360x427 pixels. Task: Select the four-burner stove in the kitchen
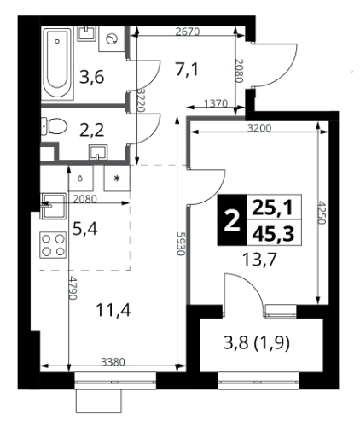pyautogui.click(x=53, y=245)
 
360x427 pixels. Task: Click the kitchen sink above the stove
pyautogui.click(x=54, y=206)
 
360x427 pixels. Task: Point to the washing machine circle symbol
pyautogui.click(x=111, y=39)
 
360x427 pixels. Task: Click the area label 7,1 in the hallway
pyautogui.click(x=187, y=70)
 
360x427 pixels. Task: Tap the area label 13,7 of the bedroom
pyautogui.click(x=259, y=260)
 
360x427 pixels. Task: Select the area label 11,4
pyautogui.click(x=113, y=310)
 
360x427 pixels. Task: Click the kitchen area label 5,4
pyautogui.click(x=85, y=229)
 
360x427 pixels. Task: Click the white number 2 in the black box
pyautogui.click(x=232, y=220)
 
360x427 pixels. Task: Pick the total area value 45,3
pyautogui.click(x=274, y=234)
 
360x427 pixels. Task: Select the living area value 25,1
pyautogui.click(x=273, y=208)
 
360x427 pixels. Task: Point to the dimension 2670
pyautogui.click(x=188, y=32)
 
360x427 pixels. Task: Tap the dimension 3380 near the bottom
pyautogui.click(x=113, y=362)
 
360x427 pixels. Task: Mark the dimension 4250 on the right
pyautogui.click(x=322, y=213)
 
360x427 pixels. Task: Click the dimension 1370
pyautogui.click(x=216, y=103)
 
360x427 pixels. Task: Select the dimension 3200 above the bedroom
pyautogui.click(x=259, y=128)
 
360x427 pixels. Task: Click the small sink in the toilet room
pyautogui.click(x=98, y=151)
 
